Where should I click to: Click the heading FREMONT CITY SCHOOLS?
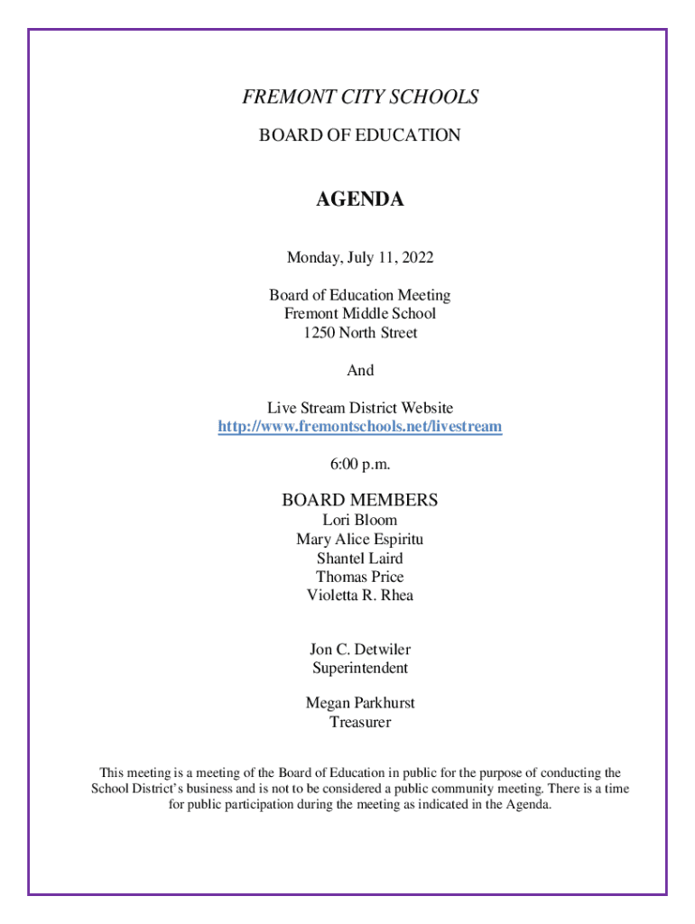(360, 97)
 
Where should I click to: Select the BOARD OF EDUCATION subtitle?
(360, 135)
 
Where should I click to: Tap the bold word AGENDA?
(360, 200)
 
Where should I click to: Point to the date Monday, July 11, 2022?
(360, 258)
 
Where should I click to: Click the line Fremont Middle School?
(360, 314)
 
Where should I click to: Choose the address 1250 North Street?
(360, 333)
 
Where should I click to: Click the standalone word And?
(360, 371)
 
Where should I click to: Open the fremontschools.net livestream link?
(360, 427)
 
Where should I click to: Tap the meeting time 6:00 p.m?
(360, 465)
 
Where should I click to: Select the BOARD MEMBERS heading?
(360, 500)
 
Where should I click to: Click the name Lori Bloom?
(360, 521)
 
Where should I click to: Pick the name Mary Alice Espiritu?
(360, 540)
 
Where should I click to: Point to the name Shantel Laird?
(360, 559)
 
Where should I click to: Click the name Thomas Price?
(360, 577)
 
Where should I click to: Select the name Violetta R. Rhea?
(360, 596)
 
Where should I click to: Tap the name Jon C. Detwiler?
(360, 650)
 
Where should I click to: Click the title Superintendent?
(360, 669)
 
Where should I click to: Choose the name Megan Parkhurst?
(360, 703)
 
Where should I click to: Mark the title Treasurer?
(360, 723)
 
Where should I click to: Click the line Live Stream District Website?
(360, 409)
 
